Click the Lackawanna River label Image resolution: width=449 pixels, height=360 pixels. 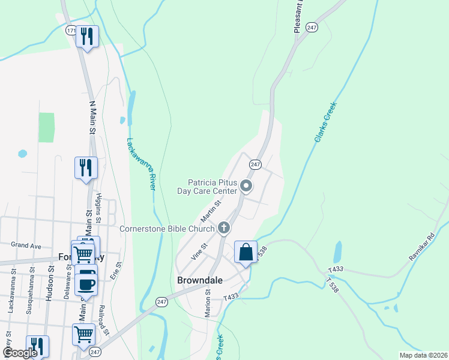[142, 164]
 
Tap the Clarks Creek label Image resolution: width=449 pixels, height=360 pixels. [325, 122]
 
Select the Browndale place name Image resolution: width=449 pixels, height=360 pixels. [200, 280]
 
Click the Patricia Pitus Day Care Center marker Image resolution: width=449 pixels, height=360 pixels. [246, 187]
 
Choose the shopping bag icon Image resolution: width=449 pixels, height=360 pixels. [246, 252]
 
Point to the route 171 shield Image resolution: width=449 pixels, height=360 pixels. [71, 30]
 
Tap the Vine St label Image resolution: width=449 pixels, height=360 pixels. [199, 251]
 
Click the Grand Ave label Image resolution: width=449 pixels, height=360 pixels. [26, 245]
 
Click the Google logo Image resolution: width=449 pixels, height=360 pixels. [20, 353]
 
